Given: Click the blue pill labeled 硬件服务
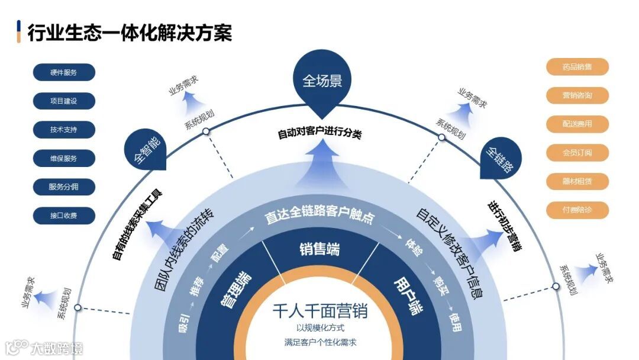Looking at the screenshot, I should [64, 72].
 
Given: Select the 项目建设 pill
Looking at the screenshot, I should [64, 101].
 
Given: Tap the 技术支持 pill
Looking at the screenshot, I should [64, 129].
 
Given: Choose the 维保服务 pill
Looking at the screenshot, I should [64, 158].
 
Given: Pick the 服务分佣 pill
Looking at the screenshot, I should [64, 187].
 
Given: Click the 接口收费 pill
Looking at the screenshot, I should [64, 215].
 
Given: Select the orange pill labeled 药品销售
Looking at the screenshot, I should [577, 67].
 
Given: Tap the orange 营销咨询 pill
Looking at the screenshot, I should [577, 95].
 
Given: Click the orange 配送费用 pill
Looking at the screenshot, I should [577, 124].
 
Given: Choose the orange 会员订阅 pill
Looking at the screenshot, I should [577, 152].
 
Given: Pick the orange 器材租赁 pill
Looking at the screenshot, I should [577, 181].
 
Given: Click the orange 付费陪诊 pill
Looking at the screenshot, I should [577, 210].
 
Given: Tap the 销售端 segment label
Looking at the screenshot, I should [319, 249].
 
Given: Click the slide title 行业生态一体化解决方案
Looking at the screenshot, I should [130, 32].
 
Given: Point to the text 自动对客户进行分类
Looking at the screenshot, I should [319, 133].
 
